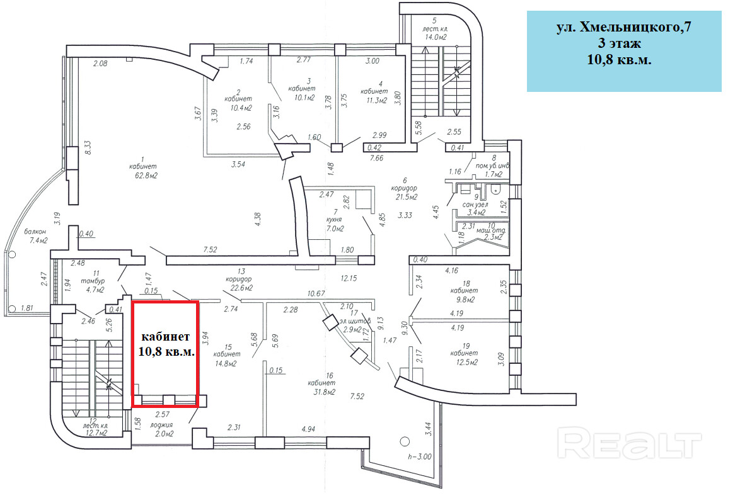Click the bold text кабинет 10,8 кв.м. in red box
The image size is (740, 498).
[x=166, y=344]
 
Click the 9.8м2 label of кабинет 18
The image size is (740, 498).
[x=463, y=300]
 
